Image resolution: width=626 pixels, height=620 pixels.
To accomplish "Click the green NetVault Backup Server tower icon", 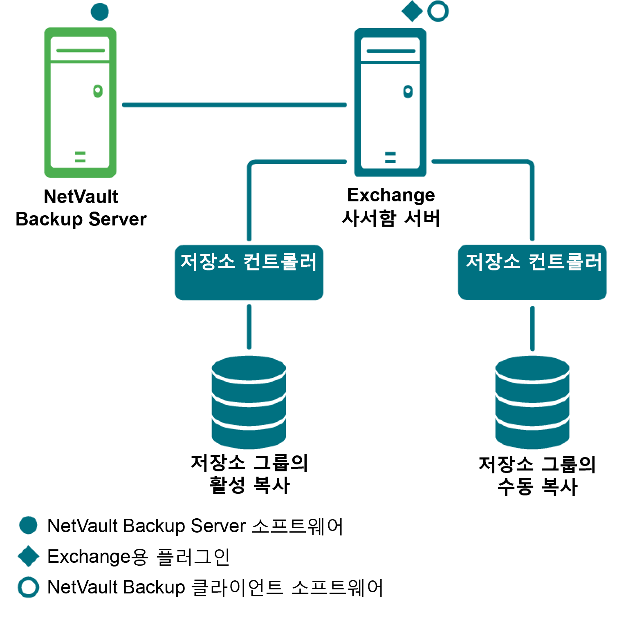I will (80, 102).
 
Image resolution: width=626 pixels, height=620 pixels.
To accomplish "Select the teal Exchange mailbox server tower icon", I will (390, 102).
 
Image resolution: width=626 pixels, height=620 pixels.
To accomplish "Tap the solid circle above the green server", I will (100, 11).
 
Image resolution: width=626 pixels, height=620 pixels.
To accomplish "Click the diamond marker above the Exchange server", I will (412, 11).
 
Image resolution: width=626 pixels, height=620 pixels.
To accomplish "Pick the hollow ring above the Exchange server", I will (438, 11).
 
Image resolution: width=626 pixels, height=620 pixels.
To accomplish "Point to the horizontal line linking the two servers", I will (235, 105).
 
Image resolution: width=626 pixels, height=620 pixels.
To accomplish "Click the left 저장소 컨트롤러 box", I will (249, 272).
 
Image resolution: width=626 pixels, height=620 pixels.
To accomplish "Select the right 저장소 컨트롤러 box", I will (532, 272).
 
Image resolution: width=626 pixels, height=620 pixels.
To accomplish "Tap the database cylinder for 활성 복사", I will (249, 402).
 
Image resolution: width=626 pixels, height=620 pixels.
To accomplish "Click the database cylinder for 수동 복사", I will (532, 402).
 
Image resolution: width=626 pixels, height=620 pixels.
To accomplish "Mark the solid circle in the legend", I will (29, 525).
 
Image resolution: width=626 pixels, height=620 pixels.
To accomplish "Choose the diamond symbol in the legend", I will (29, 556).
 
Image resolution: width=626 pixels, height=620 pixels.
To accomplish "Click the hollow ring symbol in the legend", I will (29, 587).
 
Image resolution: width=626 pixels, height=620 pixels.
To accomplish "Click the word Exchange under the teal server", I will (391, 195).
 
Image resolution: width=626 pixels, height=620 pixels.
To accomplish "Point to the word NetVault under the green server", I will (81, 197).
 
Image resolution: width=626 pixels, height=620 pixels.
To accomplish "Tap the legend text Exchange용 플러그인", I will (139, 557).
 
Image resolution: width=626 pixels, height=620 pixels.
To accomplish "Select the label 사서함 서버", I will (391, 218).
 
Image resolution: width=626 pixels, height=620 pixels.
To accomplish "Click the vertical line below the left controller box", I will (249, 327).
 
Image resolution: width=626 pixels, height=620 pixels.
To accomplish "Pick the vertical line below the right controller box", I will (532, 328).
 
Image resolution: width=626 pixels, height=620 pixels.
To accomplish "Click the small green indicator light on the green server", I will (98, 91).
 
